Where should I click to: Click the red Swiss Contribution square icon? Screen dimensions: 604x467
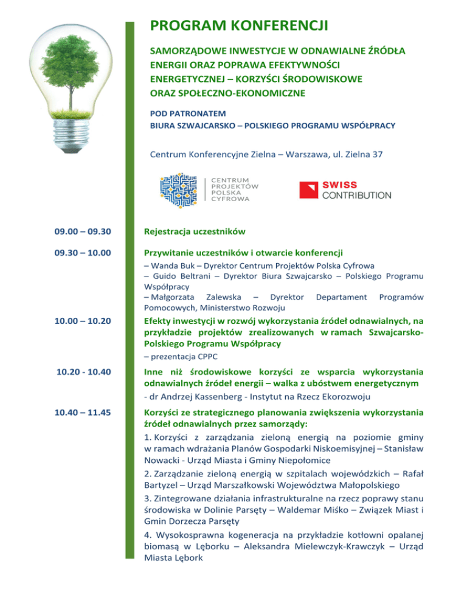(309, 190)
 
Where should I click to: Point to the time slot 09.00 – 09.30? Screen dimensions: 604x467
(82, 231)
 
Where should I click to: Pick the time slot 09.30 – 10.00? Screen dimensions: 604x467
(82, 252)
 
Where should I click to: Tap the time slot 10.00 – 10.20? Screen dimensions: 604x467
(82, 321)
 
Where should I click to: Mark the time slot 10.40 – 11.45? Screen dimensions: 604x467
(82, 413)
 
